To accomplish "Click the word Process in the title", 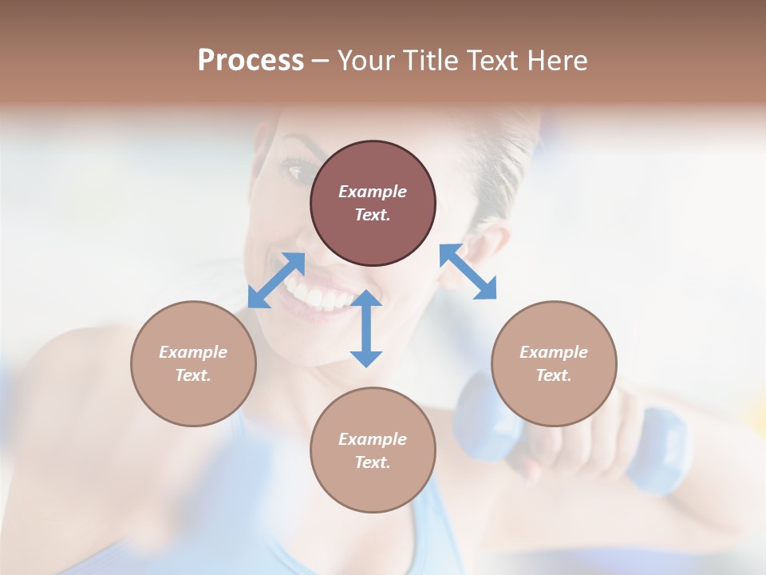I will (x=251, y=61).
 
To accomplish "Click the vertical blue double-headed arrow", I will (x=366, y=328).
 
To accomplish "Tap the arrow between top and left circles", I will (x=276, y=280).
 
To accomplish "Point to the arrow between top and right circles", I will (x=468, y=272).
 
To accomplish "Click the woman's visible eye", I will (x=295, y=169).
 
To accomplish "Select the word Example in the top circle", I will (x=373, y=192).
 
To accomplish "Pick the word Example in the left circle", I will (x=193, y=352).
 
